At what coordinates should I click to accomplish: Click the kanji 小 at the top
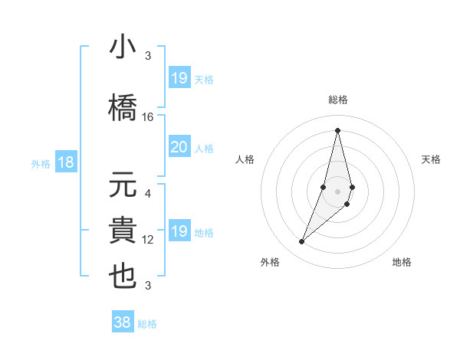(123, 49)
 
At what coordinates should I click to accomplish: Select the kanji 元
(123, 185)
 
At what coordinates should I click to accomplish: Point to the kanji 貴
(123, 230)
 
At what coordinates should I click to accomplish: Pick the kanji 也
(123, 275)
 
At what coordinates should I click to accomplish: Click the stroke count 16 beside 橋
(148, 117)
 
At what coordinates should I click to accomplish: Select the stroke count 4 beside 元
(148, 194)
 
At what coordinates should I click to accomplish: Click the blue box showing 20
(179, 147)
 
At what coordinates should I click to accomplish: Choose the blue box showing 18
(65, 162)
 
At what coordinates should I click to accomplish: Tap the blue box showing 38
(122, 322)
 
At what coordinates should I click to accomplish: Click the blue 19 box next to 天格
(179, 78)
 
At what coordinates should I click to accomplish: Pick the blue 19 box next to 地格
(179, 231)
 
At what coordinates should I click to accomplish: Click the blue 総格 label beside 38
(147, 324)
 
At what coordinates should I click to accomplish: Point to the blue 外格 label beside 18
(41, 163)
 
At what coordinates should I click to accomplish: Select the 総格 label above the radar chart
(337, 100)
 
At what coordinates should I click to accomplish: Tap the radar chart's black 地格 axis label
(402, 262)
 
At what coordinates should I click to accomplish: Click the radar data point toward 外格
(301, 242)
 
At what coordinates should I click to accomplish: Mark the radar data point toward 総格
(337, 130)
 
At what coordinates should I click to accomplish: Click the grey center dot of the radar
(337, 189)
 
